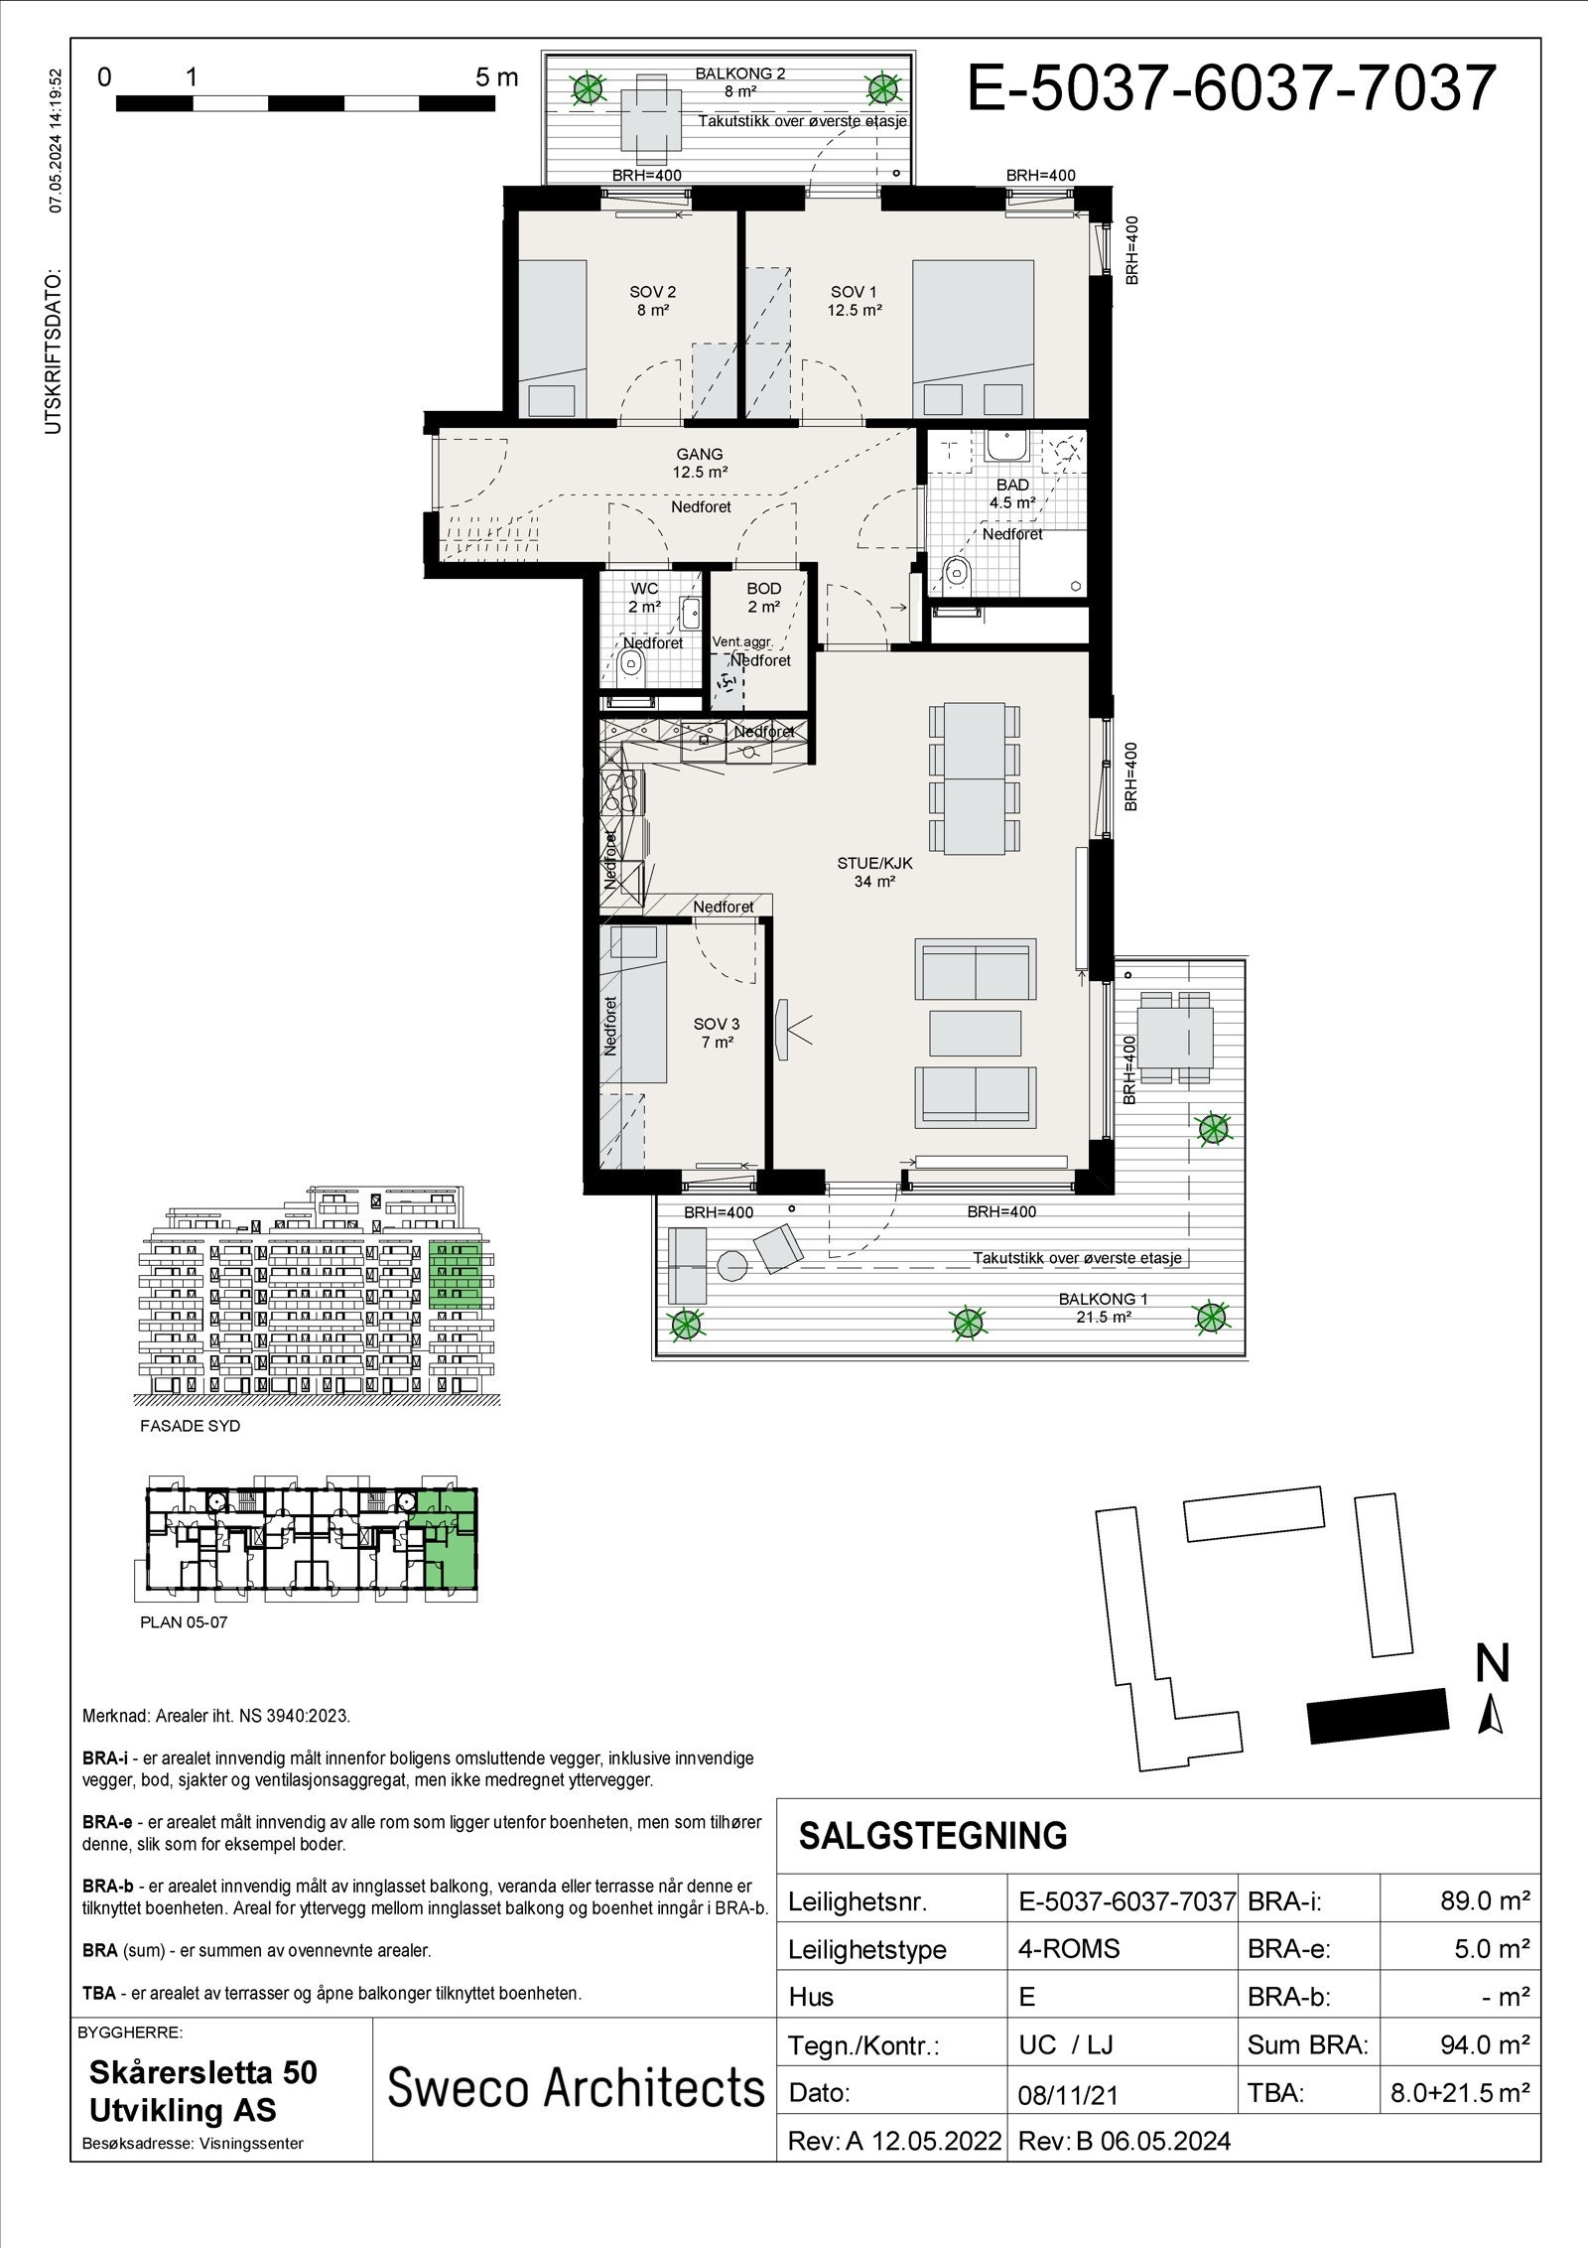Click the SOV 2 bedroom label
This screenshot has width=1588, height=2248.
coord(652,300)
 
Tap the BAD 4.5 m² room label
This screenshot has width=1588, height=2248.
coord(1011,493)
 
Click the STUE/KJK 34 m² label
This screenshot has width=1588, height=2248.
coord(874,872)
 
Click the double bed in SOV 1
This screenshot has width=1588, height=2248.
coord(973,338)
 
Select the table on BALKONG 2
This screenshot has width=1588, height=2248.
coord(652,116)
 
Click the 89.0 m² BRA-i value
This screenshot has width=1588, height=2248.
coord(1484,1901)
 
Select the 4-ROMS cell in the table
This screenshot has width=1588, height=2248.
coord(1068,1948)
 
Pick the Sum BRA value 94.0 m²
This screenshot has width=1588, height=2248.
coord(1484,2044)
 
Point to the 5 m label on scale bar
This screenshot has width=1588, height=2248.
coord(496,77)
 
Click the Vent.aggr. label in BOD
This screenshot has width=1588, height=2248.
coord(741,641)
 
